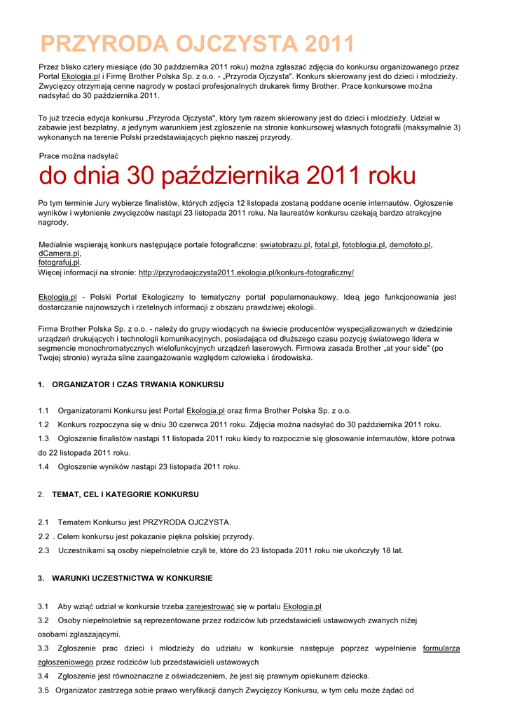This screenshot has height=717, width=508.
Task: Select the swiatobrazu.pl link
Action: [284, 245]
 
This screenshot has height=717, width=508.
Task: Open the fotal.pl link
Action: [326, 245]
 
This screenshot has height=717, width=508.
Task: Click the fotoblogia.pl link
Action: [364, 245]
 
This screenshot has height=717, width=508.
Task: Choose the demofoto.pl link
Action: [410, 245]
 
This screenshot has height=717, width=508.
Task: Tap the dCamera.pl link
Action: [59, 253]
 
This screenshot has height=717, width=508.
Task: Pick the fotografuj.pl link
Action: [59, 263]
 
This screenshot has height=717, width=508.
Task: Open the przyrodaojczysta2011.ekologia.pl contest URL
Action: [246, 272]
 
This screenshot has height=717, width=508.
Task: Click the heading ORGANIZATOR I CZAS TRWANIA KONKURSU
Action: [138, 384]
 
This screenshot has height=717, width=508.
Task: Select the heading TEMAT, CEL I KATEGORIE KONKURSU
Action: [125, 494]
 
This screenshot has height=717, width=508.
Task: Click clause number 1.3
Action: [43, 438]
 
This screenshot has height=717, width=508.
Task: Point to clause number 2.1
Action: [43, 522]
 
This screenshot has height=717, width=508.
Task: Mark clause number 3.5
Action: [43, 690]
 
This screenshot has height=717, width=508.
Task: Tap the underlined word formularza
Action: [441, 648]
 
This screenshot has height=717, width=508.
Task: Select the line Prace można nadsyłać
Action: [78, 155]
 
